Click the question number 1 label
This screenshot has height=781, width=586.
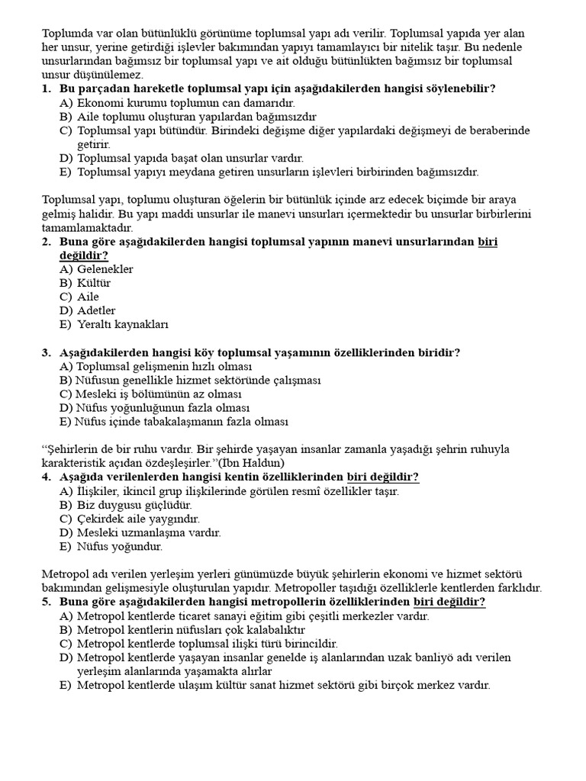pos(46,89)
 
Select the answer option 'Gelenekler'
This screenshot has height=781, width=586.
pos(105,269)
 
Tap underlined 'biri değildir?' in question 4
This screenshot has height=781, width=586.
pos(382,477)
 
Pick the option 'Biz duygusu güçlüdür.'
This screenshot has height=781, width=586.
pos(134,505)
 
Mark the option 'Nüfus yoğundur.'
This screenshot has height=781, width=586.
pos(120,546)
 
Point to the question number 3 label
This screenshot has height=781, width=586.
pos(46,352)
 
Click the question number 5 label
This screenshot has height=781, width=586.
pos(46,602)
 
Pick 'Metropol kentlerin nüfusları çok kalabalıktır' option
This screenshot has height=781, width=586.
pos(191,630)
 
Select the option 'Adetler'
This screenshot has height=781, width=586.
pos(96,310)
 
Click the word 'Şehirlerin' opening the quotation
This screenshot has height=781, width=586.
pos(72,449)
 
